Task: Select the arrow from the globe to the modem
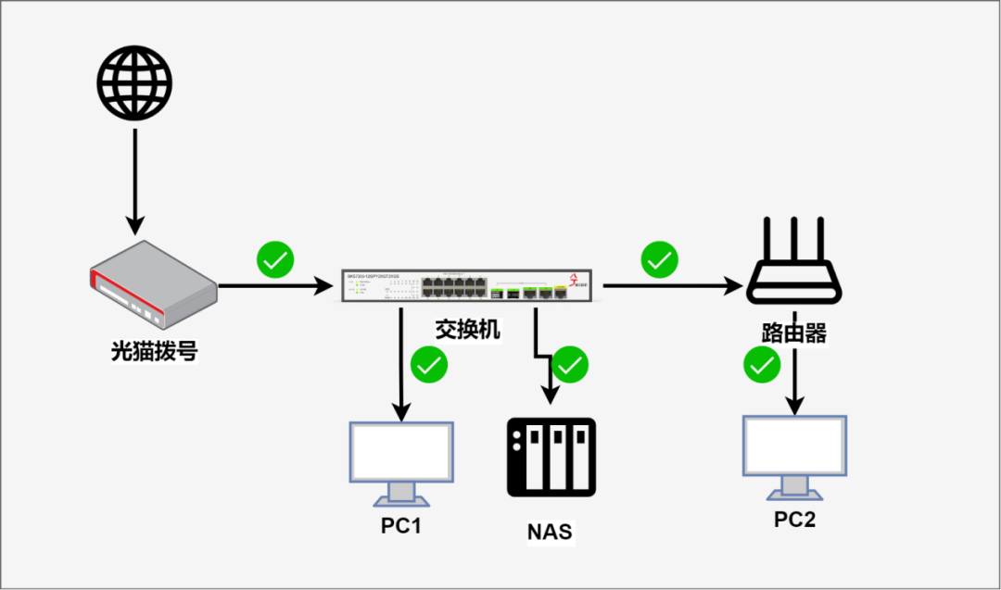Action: tap(135, 181)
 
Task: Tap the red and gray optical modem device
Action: tap(153, 285)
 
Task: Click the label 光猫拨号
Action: tap(154, 351)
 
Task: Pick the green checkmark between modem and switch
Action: tap(275, 260)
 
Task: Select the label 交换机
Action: tap(468, 330)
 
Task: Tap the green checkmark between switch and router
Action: tap(659, 260)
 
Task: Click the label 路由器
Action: tap(794, 333)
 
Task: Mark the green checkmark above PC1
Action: tap(429, 365)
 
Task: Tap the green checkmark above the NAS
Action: tap(570, 365)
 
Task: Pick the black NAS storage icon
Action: tap(551, 458)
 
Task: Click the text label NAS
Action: tap(551, 532)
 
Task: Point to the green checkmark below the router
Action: tap(762, 365)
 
